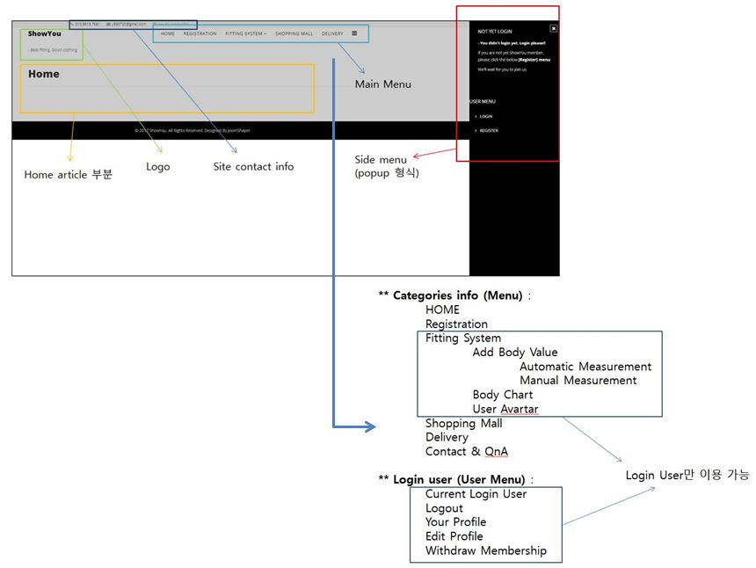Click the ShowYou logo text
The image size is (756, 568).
45,33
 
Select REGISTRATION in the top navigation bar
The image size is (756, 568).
200,33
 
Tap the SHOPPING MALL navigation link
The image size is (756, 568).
294,33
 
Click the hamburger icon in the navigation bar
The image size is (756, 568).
354,33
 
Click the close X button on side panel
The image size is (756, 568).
554,28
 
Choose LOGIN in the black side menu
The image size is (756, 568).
486,116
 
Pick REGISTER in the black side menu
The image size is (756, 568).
489,130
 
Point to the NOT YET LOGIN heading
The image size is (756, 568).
495,31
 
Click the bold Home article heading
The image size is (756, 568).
44,74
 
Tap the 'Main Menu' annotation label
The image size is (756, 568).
382,84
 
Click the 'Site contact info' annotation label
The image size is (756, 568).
253,166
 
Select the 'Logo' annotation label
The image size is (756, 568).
158,166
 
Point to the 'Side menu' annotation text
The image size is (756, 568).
381,159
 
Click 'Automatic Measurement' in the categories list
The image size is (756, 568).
585,367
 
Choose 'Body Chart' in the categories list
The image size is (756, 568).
503,395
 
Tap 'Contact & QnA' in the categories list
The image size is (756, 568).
466,451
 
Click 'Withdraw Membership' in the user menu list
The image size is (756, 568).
485,550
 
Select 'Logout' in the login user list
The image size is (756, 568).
444,508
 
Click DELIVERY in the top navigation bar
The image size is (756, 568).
332,33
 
